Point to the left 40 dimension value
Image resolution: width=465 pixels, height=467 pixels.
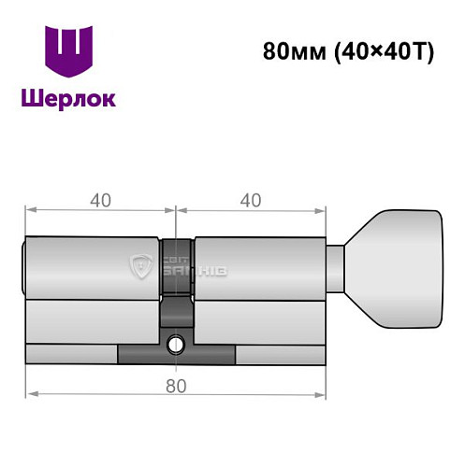[x=100, y=199]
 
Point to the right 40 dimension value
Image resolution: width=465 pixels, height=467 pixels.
[x=250, y=199]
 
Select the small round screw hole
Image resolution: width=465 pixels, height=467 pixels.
[x=174, y=347]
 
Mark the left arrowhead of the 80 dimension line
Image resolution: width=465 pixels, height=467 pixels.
[x=31, y=396]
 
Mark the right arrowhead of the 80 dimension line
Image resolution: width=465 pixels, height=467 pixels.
[x=322, y=396]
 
